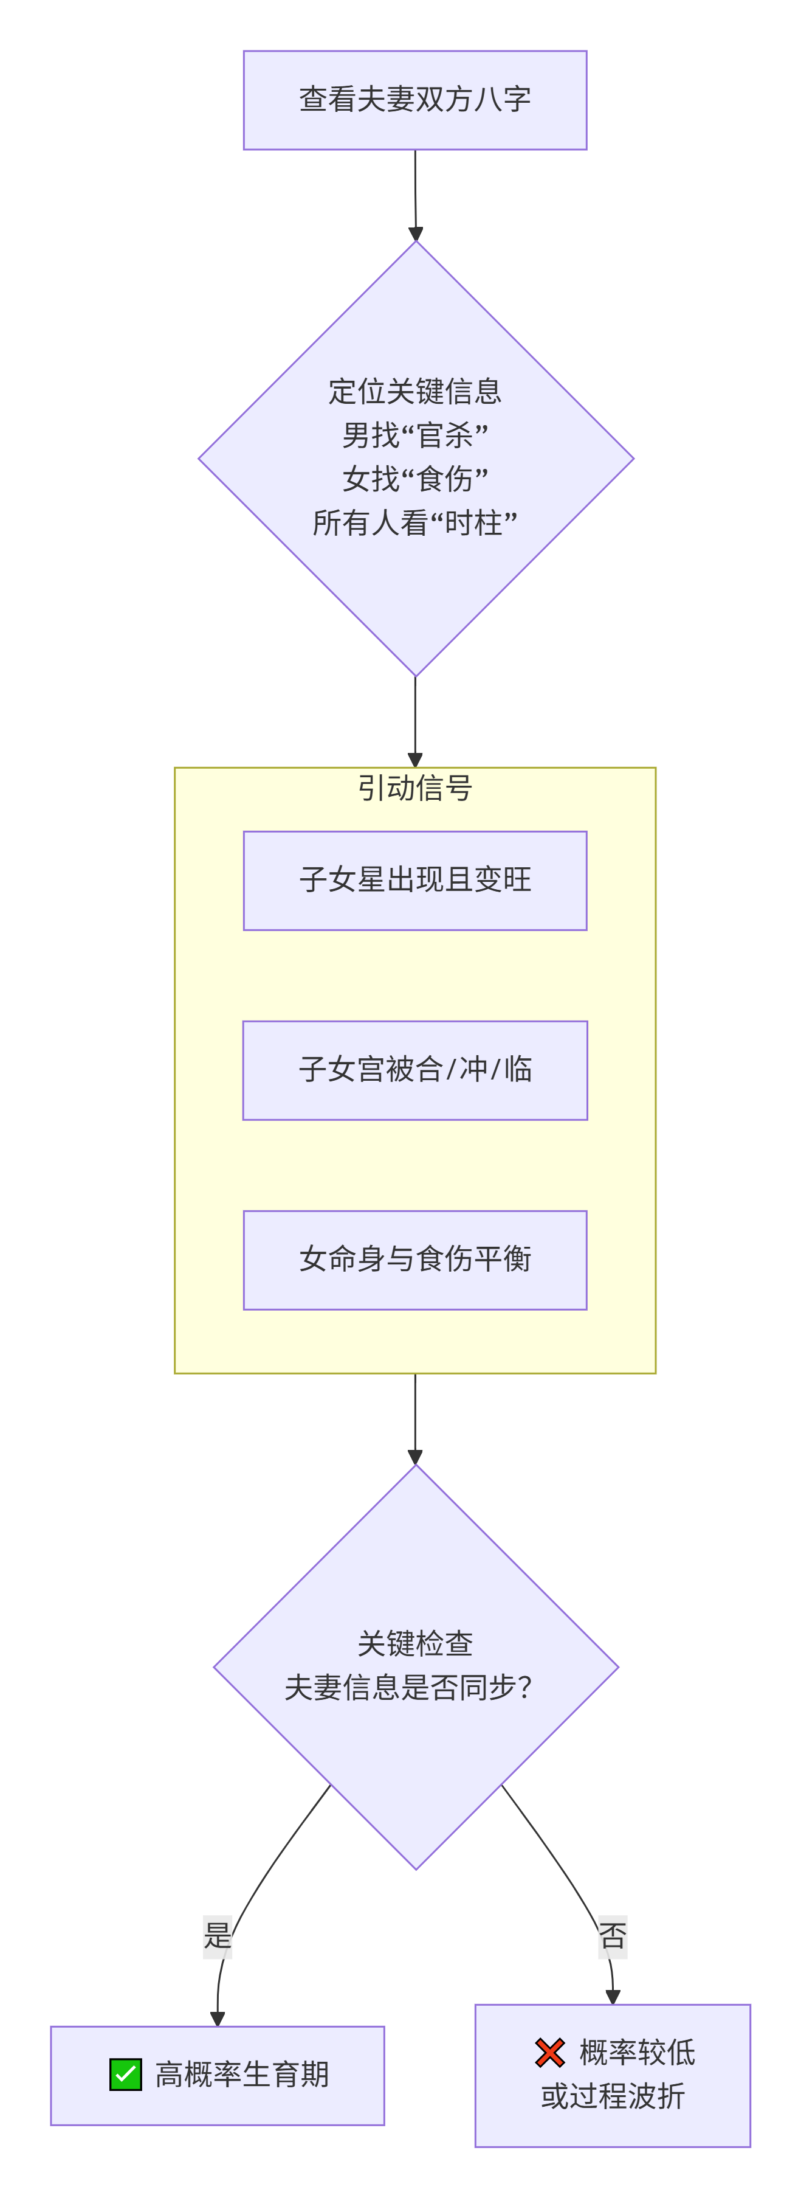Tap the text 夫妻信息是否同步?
408,1687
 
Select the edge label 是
218,1935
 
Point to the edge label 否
613,1935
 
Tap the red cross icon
550,2052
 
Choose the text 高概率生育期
242,2075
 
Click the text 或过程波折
613,2096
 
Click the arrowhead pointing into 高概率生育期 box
218,2018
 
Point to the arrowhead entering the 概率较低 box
613,1997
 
